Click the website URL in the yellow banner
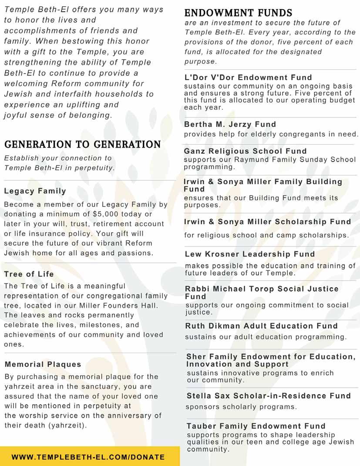(x=88, y=457)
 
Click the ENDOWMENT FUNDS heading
(x=239, y=13)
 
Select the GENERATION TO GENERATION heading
(x=82, y=145)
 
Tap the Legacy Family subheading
(x=35, y=191)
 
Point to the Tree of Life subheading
(x=29, y=274)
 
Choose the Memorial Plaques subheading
(x=43, y=364)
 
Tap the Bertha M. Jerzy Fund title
(x=230, y=124)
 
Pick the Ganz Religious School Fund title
(x=245, y=151)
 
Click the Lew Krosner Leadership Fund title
(x=250, y=254)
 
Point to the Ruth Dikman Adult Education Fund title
(x=261, y=326)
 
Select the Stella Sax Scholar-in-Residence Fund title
(x=269, y=396)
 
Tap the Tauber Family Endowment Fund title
(x=256, y=426)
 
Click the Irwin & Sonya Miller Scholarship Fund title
(x=267, y=222)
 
